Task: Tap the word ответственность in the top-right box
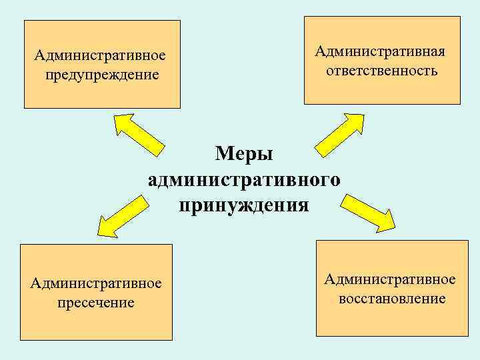tap(382, 70)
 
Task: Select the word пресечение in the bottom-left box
tap(95, 303)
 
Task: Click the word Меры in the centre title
tap(245, 154)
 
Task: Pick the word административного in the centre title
tap(244, 179)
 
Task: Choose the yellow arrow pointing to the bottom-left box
tap(123, 215)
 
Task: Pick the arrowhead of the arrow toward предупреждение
tap(124, 123)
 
